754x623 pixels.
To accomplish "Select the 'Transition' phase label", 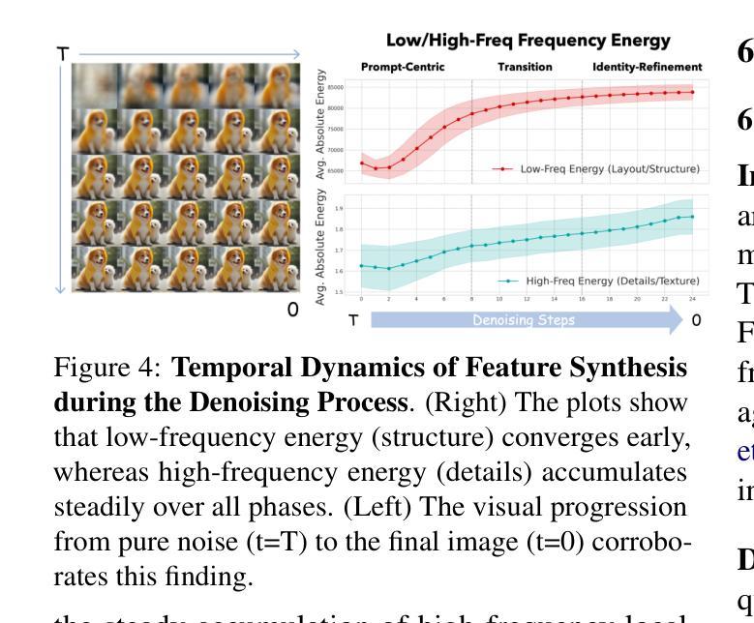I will [x=525, y=67].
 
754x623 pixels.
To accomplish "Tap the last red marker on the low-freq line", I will [x=692, y=92].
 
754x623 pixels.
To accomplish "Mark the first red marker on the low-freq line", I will [x=361, y=163].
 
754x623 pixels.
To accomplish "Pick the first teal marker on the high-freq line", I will [x=361, y=265].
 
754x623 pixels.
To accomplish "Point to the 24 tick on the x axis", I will [x=692, y=301].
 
